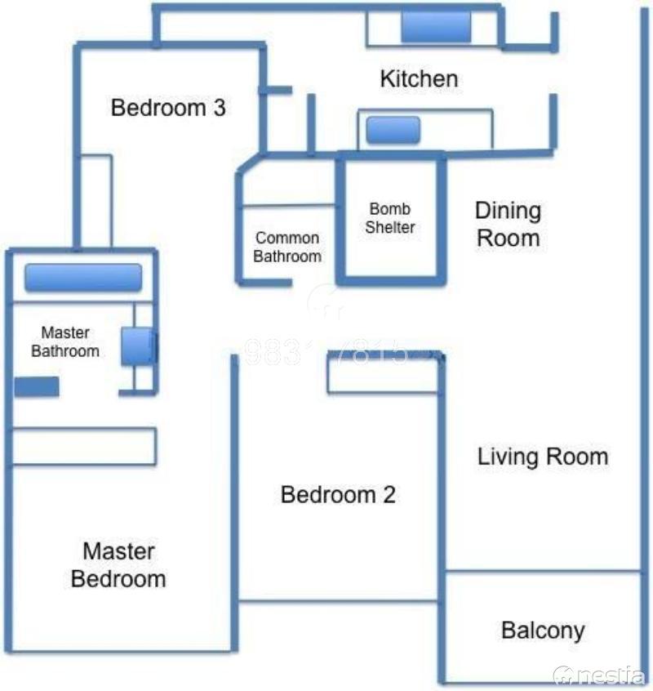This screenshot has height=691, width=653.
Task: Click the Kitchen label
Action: [419, 79]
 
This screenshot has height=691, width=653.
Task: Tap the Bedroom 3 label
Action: [168, 108]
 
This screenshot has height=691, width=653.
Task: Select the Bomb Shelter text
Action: [389, 219]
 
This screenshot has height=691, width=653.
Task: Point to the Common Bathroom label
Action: [287, 247]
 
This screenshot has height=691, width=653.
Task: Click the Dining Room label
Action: [508, 225]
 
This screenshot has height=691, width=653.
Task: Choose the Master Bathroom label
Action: [65, 342]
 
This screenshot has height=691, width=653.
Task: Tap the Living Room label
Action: [543, 457]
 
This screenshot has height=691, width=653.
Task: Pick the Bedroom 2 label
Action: [338, 495]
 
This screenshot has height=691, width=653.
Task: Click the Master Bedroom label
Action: [118, 565]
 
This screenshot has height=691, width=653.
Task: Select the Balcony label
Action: [543, 631]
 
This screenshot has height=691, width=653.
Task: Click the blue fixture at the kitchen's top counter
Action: [436, 29]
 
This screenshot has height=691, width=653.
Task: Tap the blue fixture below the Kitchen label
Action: [393, 130]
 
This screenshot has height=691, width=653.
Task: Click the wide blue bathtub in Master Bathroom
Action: [82, 278]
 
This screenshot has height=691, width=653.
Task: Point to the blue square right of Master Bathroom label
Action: [137, 346]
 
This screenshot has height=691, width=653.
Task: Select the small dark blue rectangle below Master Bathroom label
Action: [37, 387]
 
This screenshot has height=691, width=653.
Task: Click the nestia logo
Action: [600, 675]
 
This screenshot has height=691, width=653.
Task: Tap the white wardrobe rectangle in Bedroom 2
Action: [384, 374]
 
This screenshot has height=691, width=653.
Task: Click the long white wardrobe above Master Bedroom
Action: [84, 447]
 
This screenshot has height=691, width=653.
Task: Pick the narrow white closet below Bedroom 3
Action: [97, 201]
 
